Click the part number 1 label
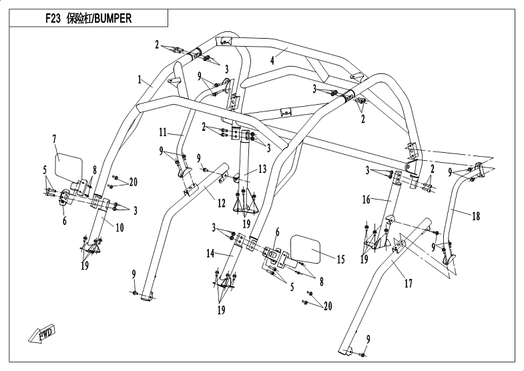[x=140, y=79]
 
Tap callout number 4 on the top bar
[x=272, y=60]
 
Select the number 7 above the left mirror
[x=54, y=139]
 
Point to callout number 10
[x=120, y=227]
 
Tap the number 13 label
[x=262, y=169]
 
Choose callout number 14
[x=210, y=254]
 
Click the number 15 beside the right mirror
[x=340, y=259]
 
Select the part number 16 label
[x=366, y=199]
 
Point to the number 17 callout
[x=408, y=284]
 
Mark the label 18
[x=477, y=216]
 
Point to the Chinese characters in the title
[x=77, y=19]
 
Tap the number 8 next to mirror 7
[x=95, y=169]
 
